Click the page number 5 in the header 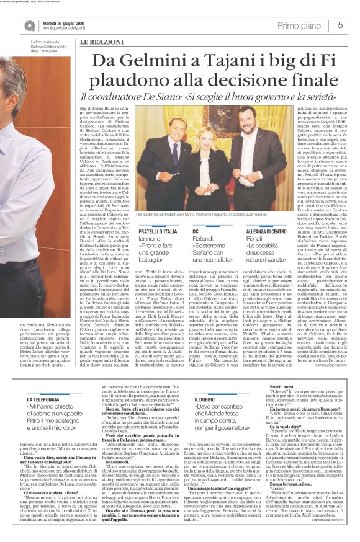(x=341, y=25)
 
